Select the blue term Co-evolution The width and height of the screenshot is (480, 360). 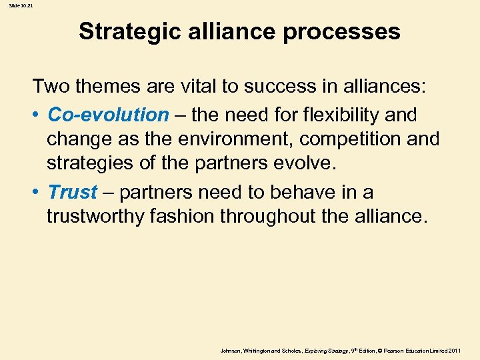[109, 115]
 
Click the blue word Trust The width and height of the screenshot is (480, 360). [73, 192]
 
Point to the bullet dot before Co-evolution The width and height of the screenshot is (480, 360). [38, 115]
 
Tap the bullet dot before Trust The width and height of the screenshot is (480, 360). [38, 193]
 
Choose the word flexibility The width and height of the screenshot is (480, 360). [346, 115]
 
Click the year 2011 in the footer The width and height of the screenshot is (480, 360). [455, 350]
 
